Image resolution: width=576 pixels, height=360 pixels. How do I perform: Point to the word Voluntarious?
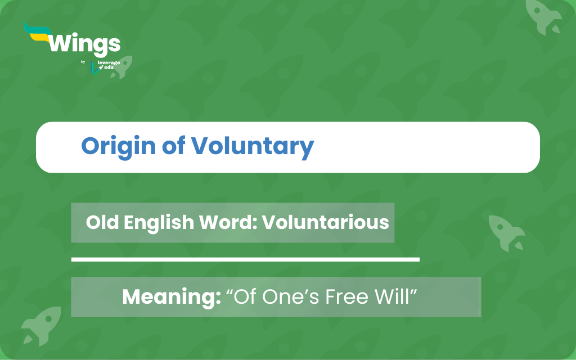(x=326, y=223)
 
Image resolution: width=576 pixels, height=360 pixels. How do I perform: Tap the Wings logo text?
(x=84, y=44)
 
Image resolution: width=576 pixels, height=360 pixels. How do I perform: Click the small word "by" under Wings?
(x=83, y=62)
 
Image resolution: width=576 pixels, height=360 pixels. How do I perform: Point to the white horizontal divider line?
(x=245, y=259)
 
